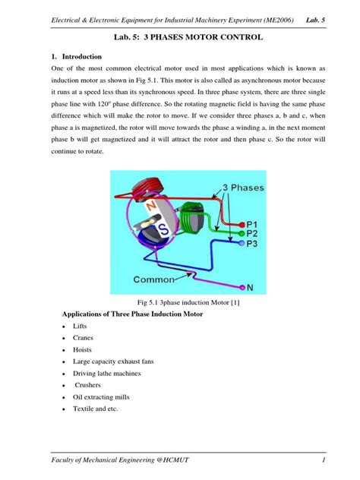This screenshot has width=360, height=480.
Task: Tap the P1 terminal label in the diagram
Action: point(255,223)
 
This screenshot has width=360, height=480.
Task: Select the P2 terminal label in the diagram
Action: point(255,234)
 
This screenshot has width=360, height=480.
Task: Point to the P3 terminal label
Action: point(255,245)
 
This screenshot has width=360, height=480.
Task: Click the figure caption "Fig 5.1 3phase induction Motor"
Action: point(178,302)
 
